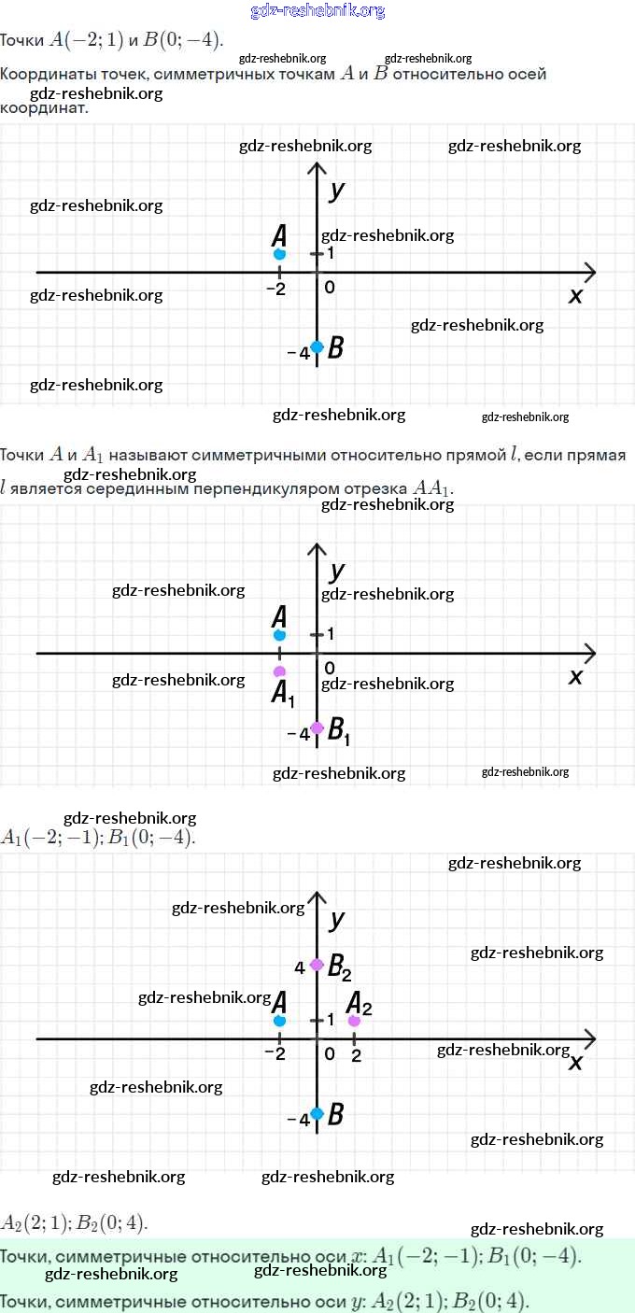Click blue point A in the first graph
click(279, 254)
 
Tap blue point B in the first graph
click(317, 346)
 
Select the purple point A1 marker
click(279, 671)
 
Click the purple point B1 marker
click(317, 727)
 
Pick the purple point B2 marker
click(317, 965)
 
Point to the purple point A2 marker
click(354, 1021)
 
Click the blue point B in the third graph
click(317, 1113)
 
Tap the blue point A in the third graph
click(279, 1021)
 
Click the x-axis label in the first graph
click(575, 296)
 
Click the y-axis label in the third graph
click(337, 920)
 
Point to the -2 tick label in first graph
click(275, 289)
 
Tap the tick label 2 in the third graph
click(356, 1054)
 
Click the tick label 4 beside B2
click(300, 967)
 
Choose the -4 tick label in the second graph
click(298, 734)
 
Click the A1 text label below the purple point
click(283, 694)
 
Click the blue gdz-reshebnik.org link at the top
click(317, 11)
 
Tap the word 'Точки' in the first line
click(21, 41)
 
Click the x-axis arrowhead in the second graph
click(589, 653)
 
